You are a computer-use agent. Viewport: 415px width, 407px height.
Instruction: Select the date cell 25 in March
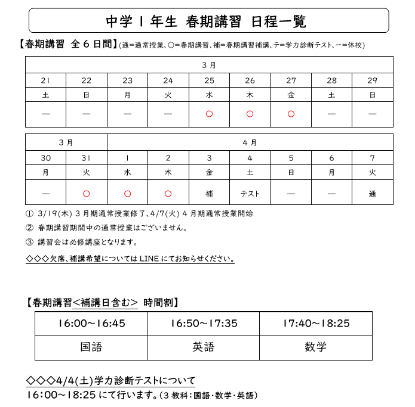point(209,80)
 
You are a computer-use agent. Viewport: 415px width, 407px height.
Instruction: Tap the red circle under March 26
point(250,114)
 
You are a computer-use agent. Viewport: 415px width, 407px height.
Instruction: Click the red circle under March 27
point(291,114)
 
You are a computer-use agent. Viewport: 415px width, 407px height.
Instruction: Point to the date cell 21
point(45,80)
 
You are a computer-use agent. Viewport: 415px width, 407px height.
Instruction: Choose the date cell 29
point(373,80)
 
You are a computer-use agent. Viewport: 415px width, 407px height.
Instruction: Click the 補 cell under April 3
point(209,194)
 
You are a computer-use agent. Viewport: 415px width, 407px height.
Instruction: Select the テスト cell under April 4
point(250,194)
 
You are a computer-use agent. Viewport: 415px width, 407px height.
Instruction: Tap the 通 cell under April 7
point(373,194)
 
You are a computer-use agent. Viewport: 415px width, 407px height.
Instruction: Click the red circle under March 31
point(87,194)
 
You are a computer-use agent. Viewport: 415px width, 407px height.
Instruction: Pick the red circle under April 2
point(168,194)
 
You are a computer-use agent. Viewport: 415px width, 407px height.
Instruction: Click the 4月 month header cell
point(250,142)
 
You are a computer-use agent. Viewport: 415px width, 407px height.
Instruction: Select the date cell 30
point(45,159)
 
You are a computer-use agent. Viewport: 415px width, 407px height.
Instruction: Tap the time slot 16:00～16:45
point(91,324)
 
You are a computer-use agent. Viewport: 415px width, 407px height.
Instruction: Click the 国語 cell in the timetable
point(91,347)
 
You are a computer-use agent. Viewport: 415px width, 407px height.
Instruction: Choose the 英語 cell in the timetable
point(204,347)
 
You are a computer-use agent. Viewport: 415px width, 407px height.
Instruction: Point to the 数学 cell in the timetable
point(316,347)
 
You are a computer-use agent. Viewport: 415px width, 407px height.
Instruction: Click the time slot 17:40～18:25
point(316,324)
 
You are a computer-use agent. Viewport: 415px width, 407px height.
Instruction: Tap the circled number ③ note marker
point(30,243)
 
